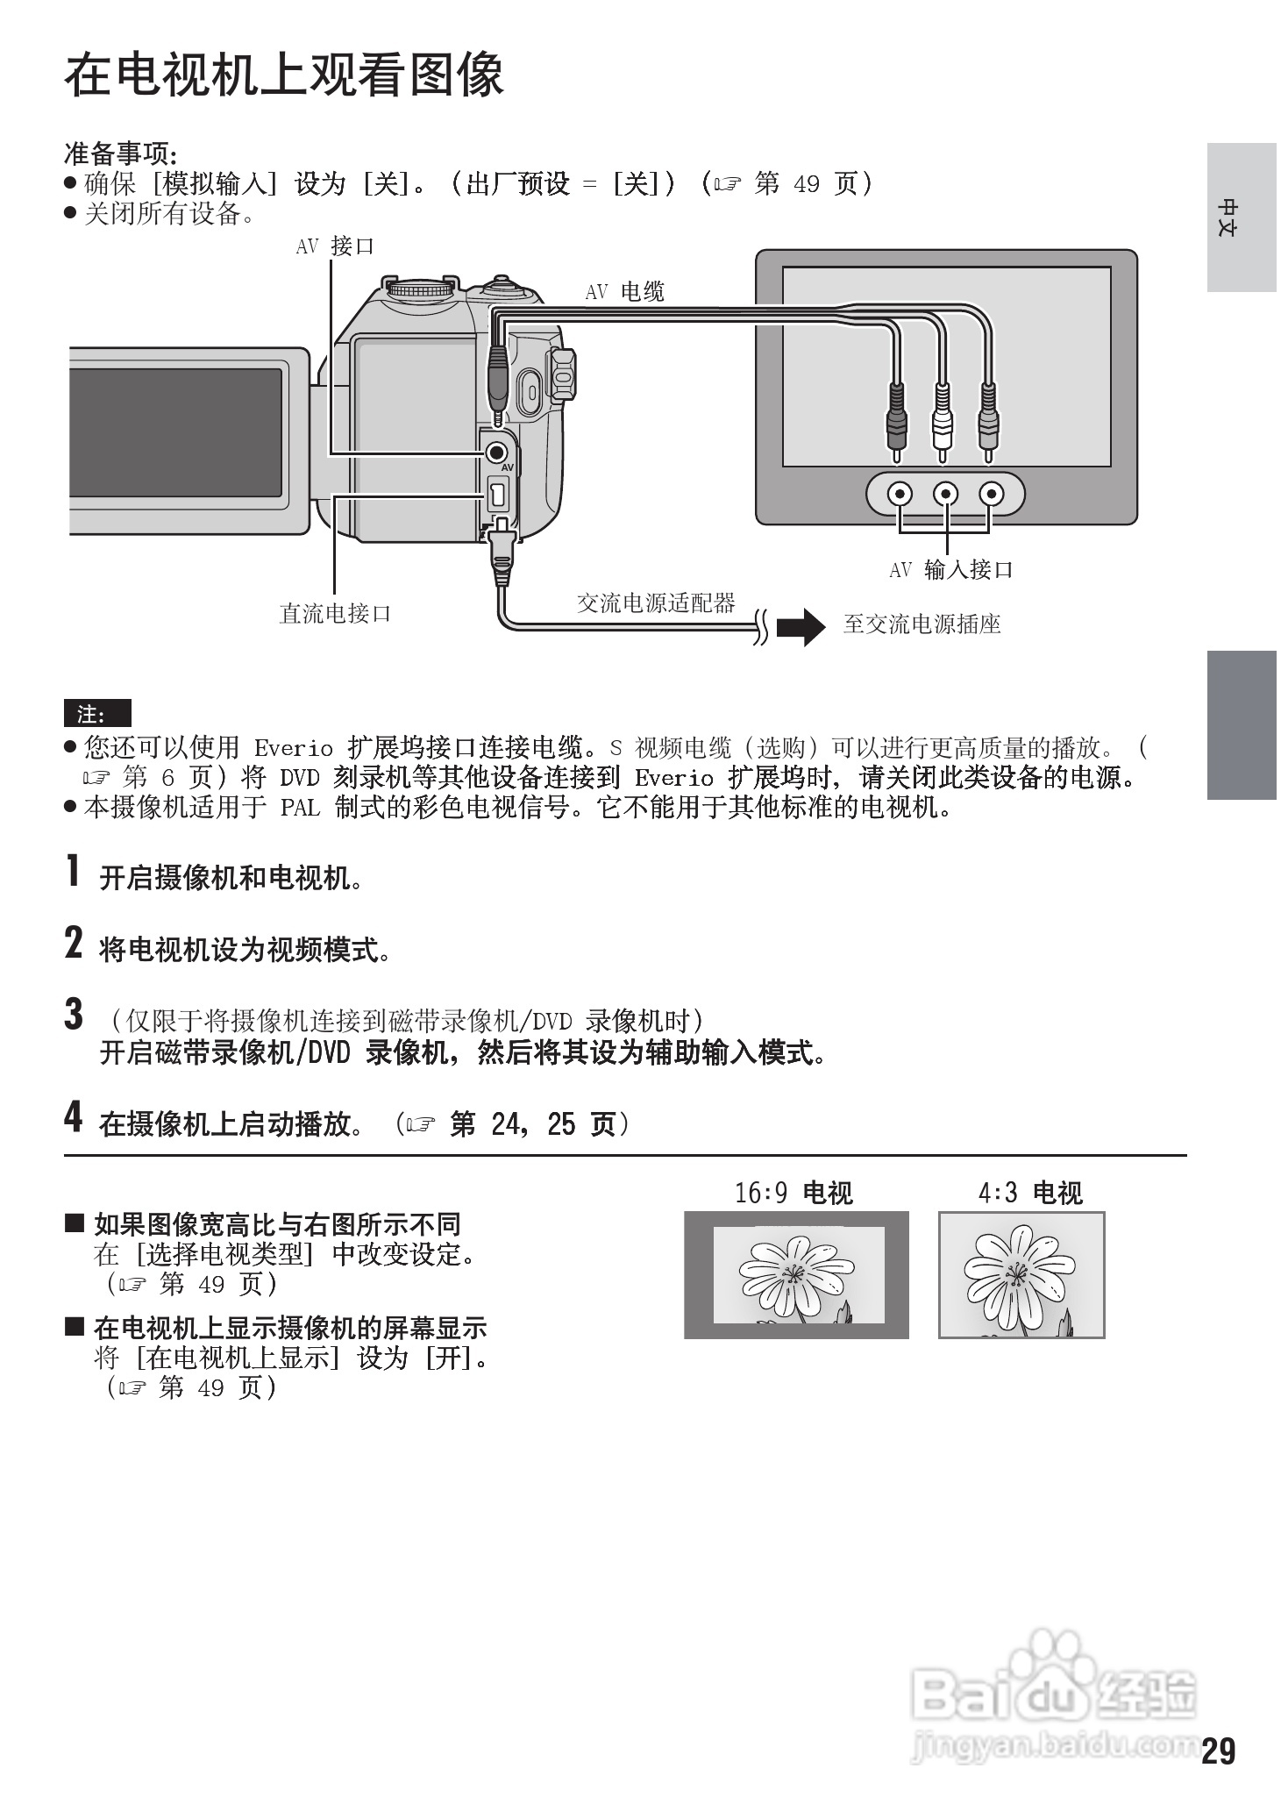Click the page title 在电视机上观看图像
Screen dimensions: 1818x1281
(283, 75)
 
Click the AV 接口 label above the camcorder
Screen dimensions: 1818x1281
(335, 246)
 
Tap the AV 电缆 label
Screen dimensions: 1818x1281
(624, 292)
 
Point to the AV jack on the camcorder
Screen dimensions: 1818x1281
(496, 453)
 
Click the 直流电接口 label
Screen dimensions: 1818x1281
(335, 613)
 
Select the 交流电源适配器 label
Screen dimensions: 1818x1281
(656, 602)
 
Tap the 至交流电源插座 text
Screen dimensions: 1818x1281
(922, 624)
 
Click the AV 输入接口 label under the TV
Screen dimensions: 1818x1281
(951, 570)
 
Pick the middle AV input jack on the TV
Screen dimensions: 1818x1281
(945, 494)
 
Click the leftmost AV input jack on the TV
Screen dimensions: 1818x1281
(899, 494)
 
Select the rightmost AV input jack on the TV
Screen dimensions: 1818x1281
(991, 494)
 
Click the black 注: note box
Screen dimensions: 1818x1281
(96, 713)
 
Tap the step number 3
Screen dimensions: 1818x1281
(75, 1015)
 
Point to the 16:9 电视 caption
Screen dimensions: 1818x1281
(794, 1193)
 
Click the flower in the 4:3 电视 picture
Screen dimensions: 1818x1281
(1017, 1272)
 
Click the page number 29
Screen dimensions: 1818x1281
(1218, 1752)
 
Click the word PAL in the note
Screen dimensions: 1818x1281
(300, 807)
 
